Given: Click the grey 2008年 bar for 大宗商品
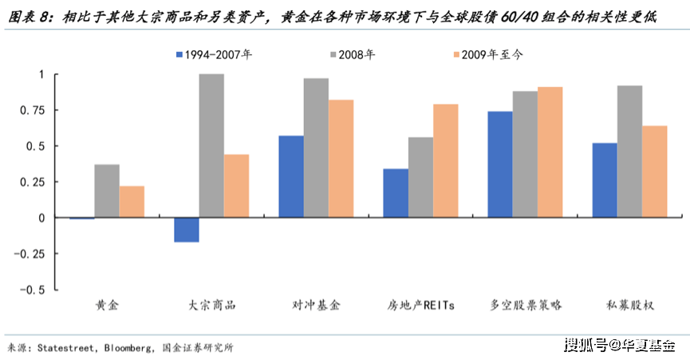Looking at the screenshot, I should [211, 145].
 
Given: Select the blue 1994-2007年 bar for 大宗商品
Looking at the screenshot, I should [187, 230].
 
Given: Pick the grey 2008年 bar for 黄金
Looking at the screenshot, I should [107, 191].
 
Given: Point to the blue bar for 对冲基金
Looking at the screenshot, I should [291, 176].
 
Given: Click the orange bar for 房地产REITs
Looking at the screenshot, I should [445, 160].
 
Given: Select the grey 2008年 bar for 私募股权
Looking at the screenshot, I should [629, 151].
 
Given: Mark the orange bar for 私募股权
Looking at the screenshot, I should [654, 172].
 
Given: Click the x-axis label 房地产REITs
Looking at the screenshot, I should [421, 305].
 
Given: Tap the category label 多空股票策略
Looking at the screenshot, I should [526, 305].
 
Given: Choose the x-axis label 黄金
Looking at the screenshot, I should [107, 305].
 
